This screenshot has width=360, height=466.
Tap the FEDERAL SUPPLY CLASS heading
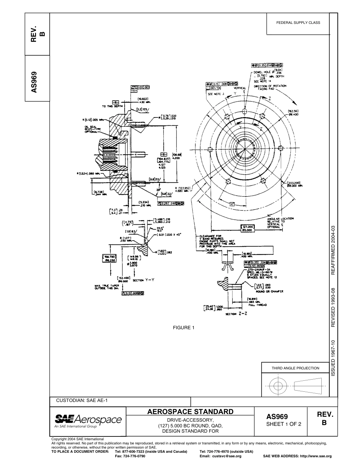pyautogui.click(x=298, y=23)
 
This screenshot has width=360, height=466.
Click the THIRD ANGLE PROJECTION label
pyautogui.click(x=295, y=368)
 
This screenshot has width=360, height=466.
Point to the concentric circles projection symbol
pyautogui.click(x=278, y=386)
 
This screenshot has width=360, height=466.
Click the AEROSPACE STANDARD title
pyautogui.click(x=190, y=412)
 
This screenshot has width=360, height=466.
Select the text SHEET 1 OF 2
pyautogui.click(x=284, y=424)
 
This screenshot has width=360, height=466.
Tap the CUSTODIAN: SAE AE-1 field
pyautogui.click(x=82, y=400)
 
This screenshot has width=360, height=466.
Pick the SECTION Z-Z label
pyautogui.click(x=236, y=314)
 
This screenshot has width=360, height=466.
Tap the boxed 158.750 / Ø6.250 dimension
pyautogui.click(x=110, y=258)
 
